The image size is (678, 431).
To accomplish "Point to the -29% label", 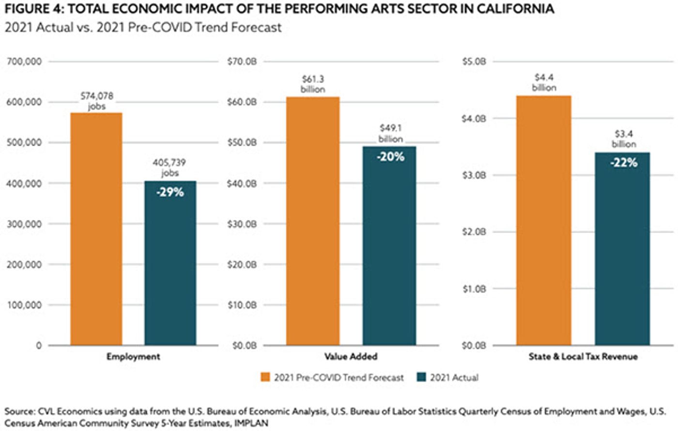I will click(170, 192).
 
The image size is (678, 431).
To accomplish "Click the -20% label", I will click(390, 157).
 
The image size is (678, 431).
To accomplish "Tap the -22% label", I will click(624, 163).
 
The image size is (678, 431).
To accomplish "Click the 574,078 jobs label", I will click(97, 101).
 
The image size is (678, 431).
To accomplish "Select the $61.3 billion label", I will click(313, 84).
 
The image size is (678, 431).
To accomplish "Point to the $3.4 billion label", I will click(624, 139).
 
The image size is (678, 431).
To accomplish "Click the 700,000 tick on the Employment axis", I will click(24, 61).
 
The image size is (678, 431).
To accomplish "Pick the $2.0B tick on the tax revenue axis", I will click(474, 232).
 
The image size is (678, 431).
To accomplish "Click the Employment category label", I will click(133, 357).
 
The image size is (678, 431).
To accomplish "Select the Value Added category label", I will click(351, 357).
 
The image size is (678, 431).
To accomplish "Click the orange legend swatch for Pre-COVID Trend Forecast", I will click(265, 377).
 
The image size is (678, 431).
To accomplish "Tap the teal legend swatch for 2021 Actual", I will click(421, 377).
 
